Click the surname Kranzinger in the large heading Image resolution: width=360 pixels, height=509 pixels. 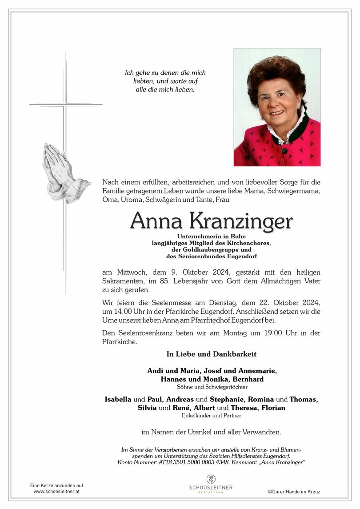[241, 221]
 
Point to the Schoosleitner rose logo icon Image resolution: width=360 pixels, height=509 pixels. [211, 479]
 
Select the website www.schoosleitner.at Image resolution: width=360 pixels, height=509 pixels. [56, 491]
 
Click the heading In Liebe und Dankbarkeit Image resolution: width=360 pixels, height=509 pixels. [212, 354]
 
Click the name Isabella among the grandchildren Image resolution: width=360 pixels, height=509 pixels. [118, 399]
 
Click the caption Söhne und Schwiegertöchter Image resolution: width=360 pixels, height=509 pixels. [212, 387]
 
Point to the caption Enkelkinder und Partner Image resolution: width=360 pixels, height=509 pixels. [212, 416]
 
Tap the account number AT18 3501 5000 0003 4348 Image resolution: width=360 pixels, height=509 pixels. [192, 463]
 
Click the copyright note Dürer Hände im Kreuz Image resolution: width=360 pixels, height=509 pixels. [294, 492]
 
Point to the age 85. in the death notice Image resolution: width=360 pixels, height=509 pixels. [192, 281]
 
